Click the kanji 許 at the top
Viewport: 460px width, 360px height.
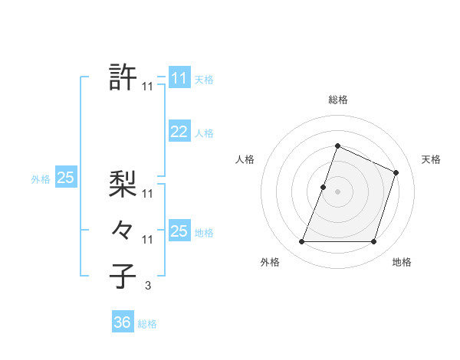(x=123, y=77)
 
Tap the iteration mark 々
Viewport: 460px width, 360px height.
(x=123, y=229)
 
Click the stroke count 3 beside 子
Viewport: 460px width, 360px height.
(x=148, y=286)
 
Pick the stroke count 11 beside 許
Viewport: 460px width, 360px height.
(x=148, y=87)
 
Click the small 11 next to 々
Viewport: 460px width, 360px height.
(x=148, y=240)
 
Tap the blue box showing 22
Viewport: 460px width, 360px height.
(x=179, y=132)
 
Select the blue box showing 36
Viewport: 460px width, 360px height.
(x=123, y=322)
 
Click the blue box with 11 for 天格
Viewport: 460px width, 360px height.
(x=179, y=77)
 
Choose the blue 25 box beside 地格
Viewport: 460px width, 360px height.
(x=179, y=231)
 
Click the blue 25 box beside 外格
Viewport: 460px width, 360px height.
(x=66, y=178)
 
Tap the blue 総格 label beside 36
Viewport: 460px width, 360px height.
(x=147, y=324)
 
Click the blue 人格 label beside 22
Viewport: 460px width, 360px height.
(x=204, y=133)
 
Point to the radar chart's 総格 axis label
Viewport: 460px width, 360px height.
(x=338, y=100)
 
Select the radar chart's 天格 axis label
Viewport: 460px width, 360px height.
(x=431, y=159)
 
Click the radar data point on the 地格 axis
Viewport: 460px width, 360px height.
(x=374, y=242)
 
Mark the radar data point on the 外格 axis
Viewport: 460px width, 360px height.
(x=301, y=242)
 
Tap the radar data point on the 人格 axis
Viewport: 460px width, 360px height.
(x=324, y=187)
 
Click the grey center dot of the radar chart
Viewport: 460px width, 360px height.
(x=338, y=191)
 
